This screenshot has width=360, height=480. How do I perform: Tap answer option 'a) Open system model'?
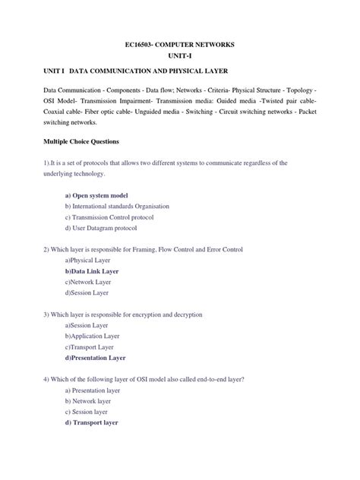(96, 195)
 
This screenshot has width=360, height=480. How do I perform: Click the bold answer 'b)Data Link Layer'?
(92, 271)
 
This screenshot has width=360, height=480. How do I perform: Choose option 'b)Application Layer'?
(92, 335)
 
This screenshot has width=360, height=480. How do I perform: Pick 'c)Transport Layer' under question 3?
(90, 346)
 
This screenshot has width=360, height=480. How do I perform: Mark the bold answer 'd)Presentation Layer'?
(95, 357)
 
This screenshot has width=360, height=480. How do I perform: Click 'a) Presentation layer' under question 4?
(93, 389)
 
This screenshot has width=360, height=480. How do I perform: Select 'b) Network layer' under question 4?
(88, 400)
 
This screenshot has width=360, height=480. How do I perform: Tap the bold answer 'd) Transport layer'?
(91, 422)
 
